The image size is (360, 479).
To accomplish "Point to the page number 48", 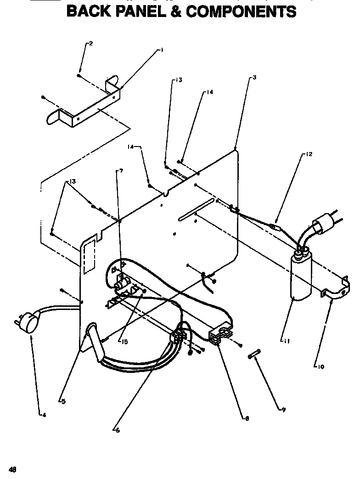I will point(12,469).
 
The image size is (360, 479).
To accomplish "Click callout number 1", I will point(162,51).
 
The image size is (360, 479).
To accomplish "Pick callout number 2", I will point(90,44).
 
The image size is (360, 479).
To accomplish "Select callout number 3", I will point(254,78).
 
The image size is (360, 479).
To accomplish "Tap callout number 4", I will point(44,415).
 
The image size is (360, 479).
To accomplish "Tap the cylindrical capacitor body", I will point(301,278).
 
